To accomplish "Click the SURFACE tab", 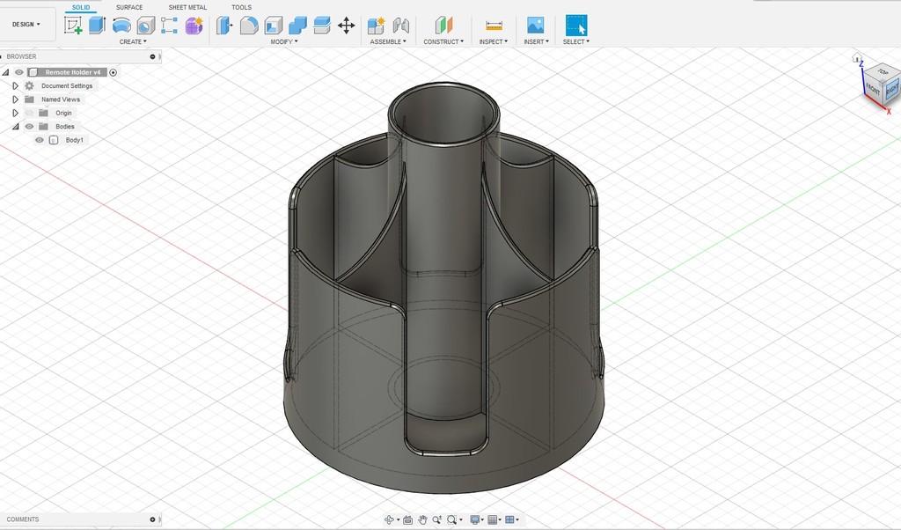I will click(129, 7).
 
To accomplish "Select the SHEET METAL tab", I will click(187, 7).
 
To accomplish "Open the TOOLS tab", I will click(241, 7).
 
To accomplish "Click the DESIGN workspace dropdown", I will click(26, 25).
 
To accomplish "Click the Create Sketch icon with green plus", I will click(73, 26).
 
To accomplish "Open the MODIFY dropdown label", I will click(283, 41).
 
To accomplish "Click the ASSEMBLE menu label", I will click(387, 41).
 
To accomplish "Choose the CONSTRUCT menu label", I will click(443, 41).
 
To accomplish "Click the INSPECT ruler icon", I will click(494, 26).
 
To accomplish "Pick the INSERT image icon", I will click(535, 26).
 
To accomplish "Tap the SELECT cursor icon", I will click(576, 26).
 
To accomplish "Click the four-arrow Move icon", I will click(346, 26).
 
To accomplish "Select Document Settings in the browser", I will click(66, 85).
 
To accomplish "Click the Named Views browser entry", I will click(60, 99).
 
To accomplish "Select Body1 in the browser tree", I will click(74, 140).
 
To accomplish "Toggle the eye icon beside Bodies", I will click(29, 127).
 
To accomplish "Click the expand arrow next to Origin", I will click(15, 113).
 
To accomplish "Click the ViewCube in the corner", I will click(881, 84).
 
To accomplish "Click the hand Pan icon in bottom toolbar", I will click(422, 519).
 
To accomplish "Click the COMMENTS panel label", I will click(23, 519).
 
